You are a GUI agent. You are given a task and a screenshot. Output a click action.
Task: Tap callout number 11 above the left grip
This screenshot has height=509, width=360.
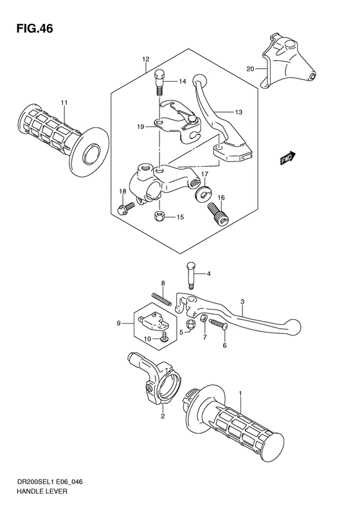(x=63, y=103)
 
